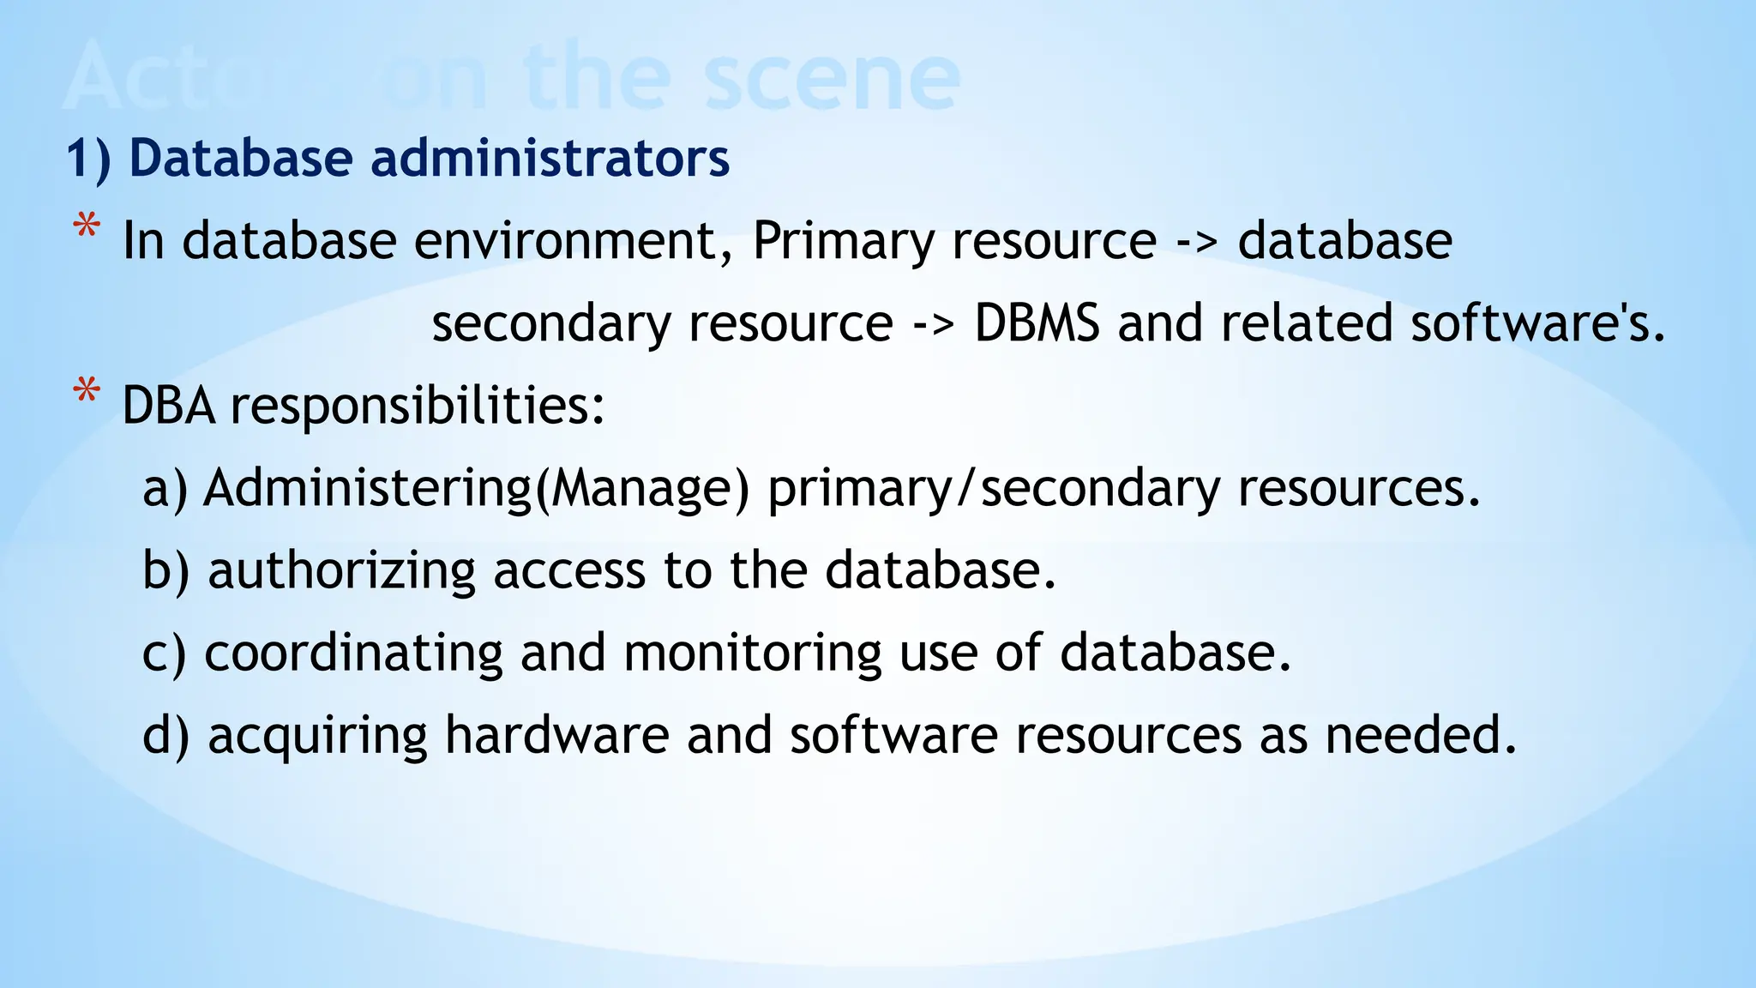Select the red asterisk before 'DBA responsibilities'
pyautogui.click(x=87, y=394)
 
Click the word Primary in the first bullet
pyautogui.click(x=843, y=241)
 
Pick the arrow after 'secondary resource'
pyautogui.click(x=933, y=325)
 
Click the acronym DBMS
pyautogui.click(x=1037, y=323)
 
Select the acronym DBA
pyautogui.click(x=168, y=406)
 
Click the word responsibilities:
pyautogui.click(x=418, y=406)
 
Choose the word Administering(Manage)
pyautogui.click(x=476, y=488)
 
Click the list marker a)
pyautogui.click(x=165, y=488)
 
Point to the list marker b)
pyautogui.click(x=165, y=570)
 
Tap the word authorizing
pyautogui.click(x=341, y=570)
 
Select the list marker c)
pyautogui.click(x=164, y=653)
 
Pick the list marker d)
pyautogui.click(x=165, y=735)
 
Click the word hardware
pyautogui.click(x=556, y=735)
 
